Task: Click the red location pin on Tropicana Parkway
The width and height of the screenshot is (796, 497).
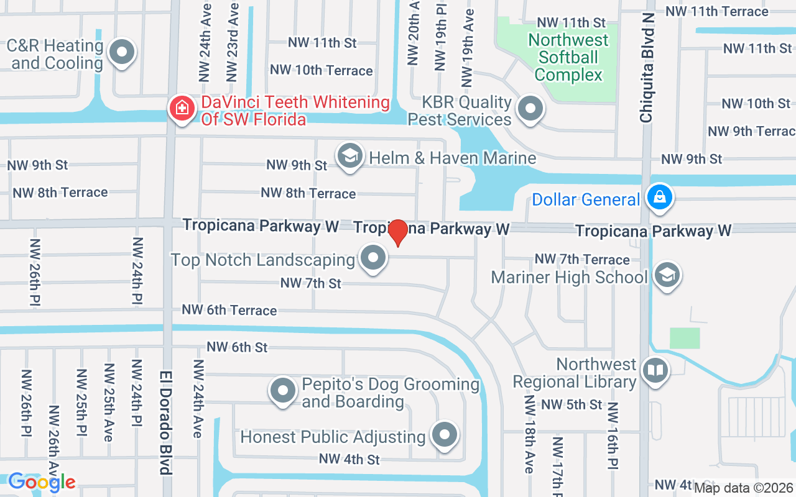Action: [397, 232]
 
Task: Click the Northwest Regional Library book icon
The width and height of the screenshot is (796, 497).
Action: [655, 370]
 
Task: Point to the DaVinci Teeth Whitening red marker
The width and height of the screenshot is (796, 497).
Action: [182, 109]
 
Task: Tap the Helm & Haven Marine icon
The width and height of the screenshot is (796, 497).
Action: [350, 156]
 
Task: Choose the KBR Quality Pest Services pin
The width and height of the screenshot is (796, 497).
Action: [530, 109]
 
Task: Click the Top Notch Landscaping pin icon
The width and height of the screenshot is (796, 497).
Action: [374, 257]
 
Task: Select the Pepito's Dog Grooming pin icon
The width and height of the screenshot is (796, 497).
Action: [283, 391]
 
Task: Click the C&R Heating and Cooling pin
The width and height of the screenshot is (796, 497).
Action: [122, 52]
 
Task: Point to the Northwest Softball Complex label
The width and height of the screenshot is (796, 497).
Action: [568, 57]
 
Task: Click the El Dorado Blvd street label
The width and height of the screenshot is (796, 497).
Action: [165, 422]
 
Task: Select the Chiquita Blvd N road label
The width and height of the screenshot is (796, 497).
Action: [647, 68]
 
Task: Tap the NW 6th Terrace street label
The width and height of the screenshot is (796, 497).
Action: [229, 309]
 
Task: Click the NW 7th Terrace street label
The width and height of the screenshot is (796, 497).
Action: [582, 259]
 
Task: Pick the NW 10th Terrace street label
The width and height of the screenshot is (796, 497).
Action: [322, 70]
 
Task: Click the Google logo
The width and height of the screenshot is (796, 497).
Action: [42, 482]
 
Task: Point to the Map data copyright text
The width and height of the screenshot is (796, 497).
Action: [744, 488]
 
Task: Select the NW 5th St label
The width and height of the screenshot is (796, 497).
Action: [572, 404]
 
